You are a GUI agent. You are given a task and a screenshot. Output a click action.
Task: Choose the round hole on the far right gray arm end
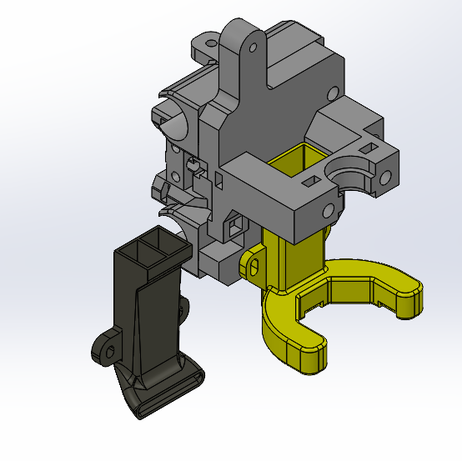click(x=386, y=177)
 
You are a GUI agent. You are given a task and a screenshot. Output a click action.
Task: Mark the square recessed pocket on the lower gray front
click(x=237, y=223)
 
